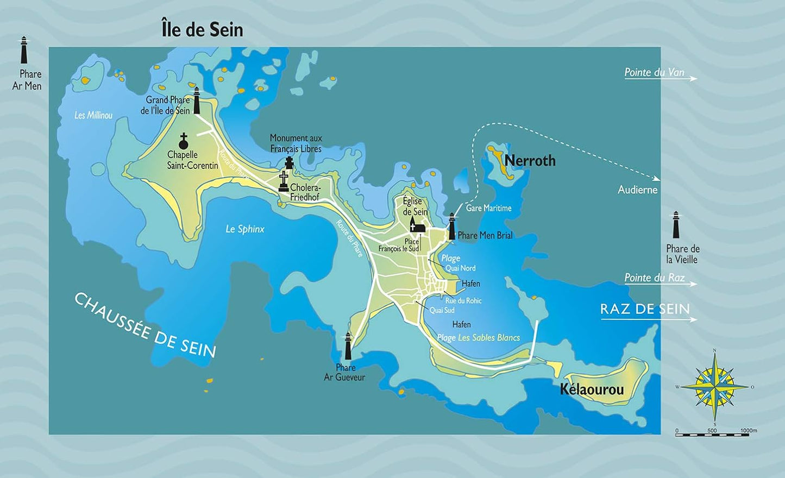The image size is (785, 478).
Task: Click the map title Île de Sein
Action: (x=202, y=29)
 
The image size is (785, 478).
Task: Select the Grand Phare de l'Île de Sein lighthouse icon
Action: (x=197, y=100)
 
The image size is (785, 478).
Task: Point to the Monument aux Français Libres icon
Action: (x=289, y=163)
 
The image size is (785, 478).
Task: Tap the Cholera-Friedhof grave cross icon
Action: (x=283, y=181)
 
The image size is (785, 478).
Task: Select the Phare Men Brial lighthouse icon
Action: (x=451, y=227)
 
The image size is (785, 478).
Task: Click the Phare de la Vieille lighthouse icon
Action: (x=676, y=225)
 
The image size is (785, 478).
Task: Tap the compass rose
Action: (x=715, y=387)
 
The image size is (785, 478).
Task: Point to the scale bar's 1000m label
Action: (x=748, y=430)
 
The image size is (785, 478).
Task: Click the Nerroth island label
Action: (x=530, y=161)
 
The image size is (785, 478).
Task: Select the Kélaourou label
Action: (x=592, y=389)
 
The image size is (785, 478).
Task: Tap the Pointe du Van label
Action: (x=654, y=72)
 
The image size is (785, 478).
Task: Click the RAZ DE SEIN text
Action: (x=645, y=309)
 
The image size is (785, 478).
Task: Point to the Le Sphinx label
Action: (x=245, y=229)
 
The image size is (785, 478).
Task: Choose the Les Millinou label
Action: (x=93, y=115)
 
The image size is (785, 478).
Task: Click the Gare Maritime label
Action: (x=488, y=208)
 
